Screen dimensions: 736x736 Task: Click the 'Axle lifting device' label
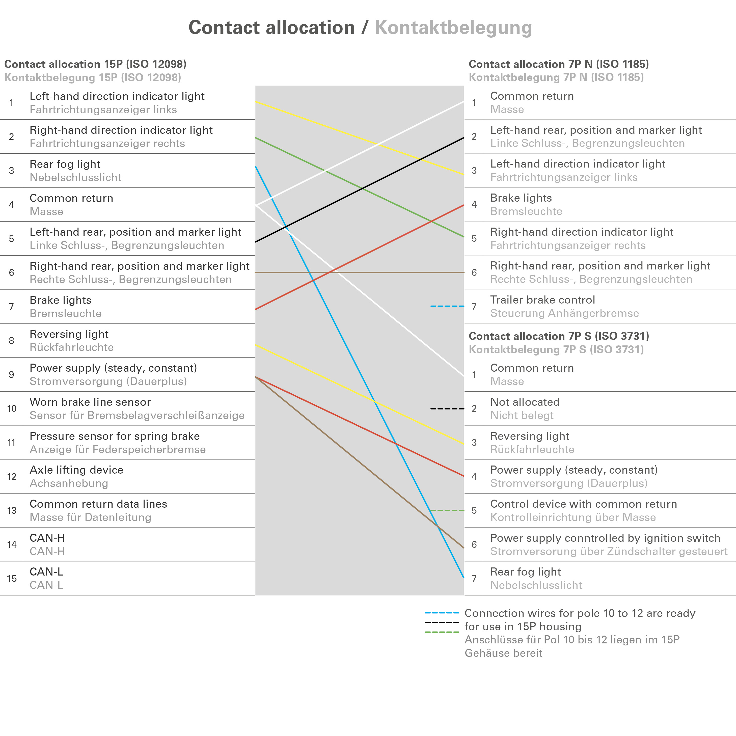coord(76,470)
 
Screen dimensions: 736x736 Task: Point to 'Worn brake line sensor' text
coord(90,402)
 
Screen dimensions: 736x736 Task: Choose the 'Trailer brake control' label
coord(542,300)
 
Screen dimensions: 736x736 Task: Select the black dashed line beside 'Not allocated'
coord(447,408)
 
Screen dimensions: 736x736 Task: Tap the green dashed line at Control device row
coord(447,510)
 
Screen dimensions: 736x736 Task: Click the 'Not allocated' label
coord(525,402)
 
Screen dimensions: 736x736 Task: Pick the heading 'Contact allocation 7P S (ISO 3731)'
coord(558,336)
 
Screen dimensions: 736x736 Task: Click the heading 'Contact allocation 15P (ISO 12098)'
coord(95,64)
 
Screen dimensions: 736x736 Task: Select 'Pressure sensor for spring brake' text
coord(114,436)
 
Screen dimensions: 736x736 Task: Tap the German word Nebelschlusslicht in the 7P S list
coord(536,585)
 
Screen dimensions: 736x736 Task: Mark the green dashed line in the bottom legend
coord(442,632)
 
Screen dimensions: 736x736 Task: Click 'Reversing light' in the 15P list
coord(69,334)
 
